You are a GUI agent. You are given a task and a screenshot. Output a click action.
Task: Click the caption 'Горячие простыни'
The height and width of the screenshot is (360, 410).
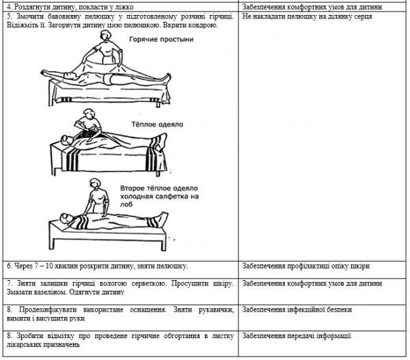pos(161,40)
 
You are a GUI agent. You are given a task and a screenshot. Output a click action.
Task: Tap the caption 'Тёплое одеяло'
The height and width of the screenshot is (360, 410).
pos(157,124)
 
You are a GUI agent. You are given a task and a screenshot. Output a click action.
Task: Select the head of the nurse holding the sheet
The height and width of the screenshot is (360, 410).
pos(106,36)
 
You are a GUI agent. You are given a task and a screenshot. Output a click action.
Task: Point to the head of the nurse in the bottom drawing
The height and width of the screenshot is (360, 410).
pos(95,183)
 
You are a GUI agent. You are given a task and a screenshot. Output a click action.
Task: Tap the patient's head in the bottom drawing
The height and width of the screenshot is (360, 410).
pos(65,218)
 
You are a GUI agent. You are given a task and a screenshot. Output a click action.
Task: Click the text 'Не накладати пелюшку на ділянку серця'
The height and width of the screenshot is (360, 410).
pos(307,16)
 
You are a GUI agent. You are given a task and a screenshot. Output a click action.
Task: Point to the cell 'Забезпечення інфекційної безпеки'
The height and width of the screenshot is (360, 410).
pos(297,310)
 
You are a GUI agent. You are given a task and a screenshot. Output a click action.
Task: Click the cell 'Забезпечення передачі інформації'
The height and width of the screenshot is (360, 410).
pos(297,336)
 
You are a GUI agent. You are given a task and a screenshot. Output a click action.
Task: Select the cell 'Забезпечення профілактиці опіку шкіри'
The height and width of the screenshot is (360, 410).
pos(306,266)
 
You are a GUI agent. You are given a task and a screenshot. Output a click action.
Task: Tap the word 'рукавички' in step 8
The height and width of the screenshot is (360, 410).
pos(216,310)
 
